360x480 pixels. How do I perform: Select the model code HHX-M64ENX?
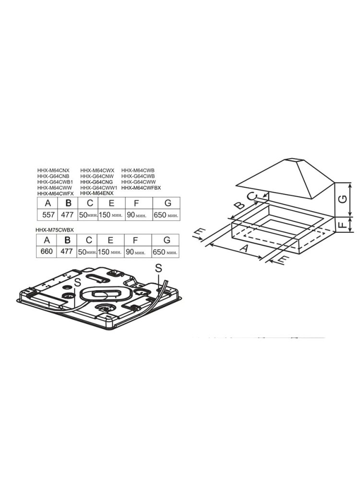(97, 193)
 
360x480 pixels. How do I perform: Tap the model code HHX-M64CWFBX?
(141, 188)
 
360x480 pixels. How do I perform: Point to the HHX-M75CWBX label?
(55, 229)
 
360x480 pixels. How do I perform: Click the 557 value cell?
(48, 215)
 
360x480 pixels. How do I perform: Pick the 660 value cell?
(47, 252)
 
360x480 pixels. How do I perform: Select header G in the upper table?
(167, 203)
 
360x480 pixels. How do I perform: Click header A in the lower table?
(47, 240)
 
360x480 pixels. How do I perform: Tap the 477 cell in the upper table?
(68, 215)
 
